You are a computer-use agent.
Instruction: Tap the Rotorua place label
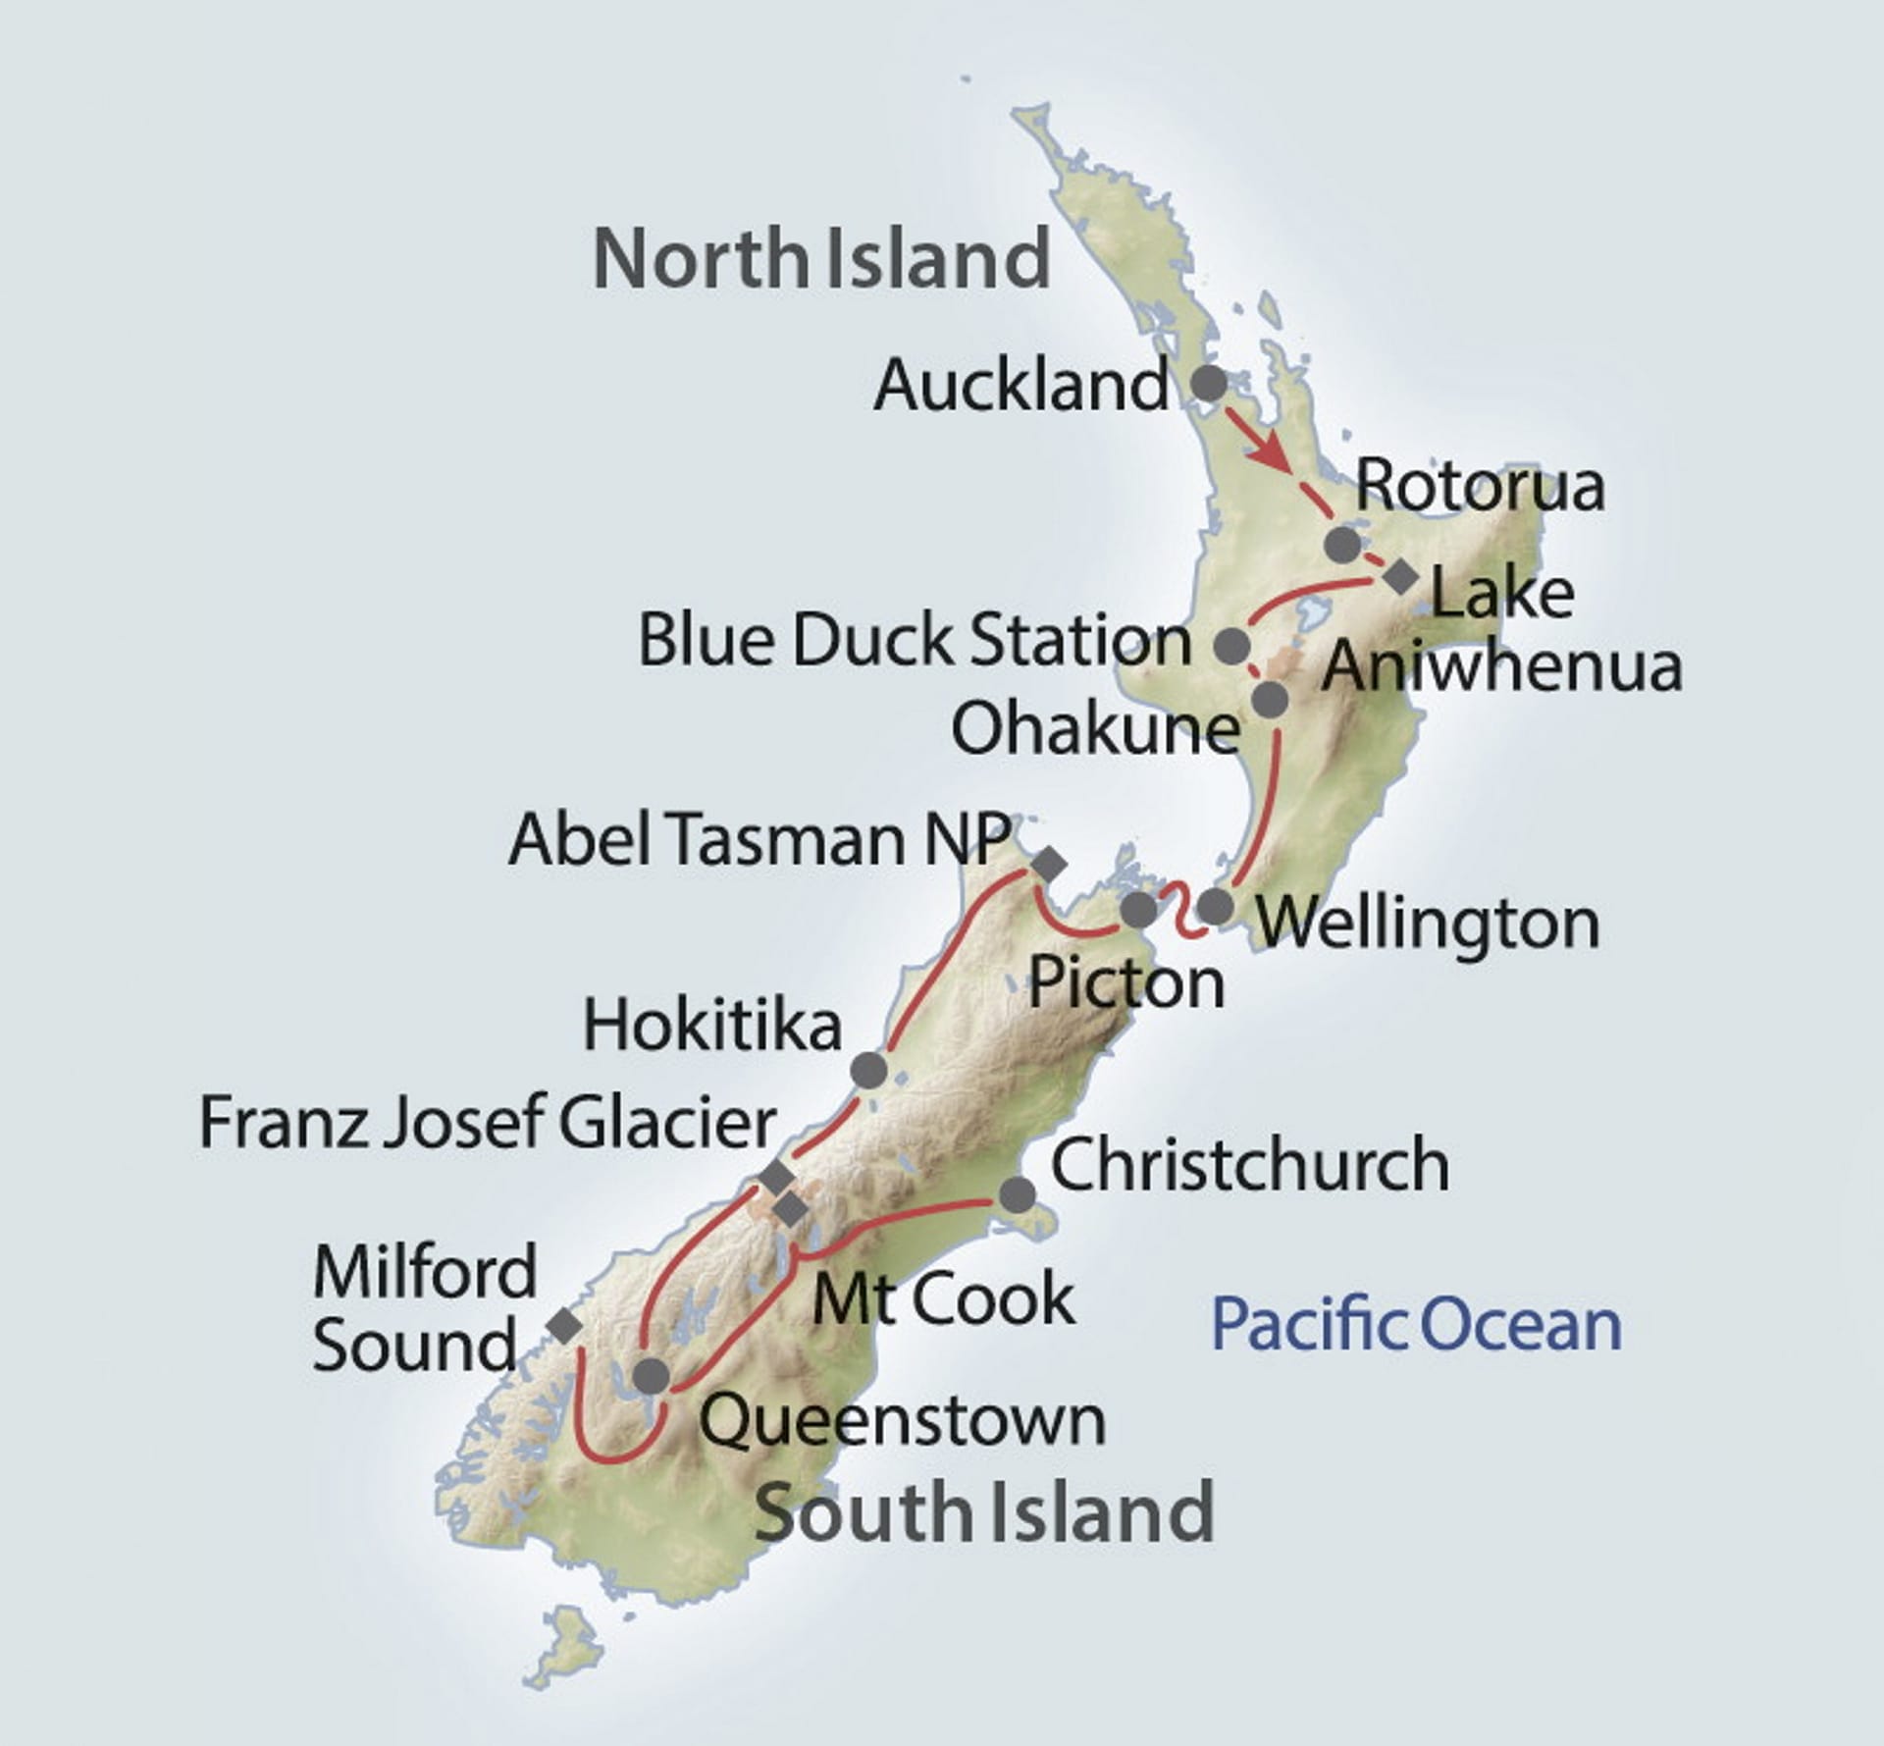(x=1480, y=486)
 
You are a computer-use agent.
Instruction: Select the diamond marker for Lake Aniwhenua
(x=1400, y=577)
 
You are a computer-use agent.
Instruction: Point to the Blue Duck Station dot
(x=1232, y=646)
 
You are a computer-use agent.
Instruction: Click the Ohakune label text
(x=1095, y=729)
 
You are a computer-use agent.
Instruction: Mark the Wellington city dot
(x=1215, y=906)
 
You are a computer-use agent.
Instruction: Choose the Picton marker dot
(x=1138, y=910)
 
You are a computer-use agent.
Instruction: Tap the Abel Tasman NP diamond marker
(x=1049, y=864)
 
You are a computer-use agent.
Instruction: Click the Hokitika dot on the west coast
(x=869, y=1070)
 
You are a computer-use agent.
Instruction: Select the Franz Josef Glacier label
(x=488, y=1122)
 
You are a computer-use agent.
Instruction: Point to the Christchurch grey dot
(x=1017, y=1194)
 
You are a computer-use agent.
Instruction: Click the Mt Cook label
(x=944, y=1298)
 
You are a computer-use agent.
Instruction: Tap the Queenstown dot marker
(x=652, y=1376)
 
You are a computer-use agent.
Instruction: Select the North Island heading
(x=821, y=258)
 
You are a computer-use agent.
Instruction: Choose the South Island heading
(x=984, y=1511)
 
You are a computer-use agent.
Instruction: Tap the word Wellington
(x=1428, y=924)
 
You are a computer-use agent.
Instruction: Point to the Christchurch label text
(x=1249, y=1165)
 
